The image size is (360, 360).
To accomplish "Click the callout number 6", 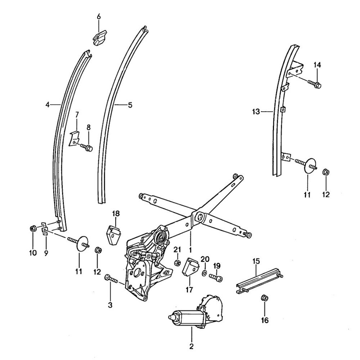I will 99,17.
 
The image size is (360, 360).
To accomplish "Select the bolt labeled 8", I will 87,147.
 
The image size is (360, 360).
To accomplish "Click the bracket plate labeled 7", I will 74,138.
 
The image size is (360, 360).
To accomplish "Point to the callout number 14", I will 317,65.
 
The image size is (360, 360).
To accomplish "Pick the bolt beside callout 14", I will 314,84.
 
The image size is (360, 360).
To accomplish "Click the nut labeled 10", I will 32,229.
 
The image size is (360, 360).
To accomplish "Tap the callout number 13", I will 256,112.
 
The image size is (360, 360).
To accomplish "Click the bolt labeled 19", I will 216,278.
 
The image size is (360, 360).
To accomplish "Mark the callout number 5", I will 130,105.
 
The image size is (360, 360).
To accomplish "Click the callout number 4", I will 47,105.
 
